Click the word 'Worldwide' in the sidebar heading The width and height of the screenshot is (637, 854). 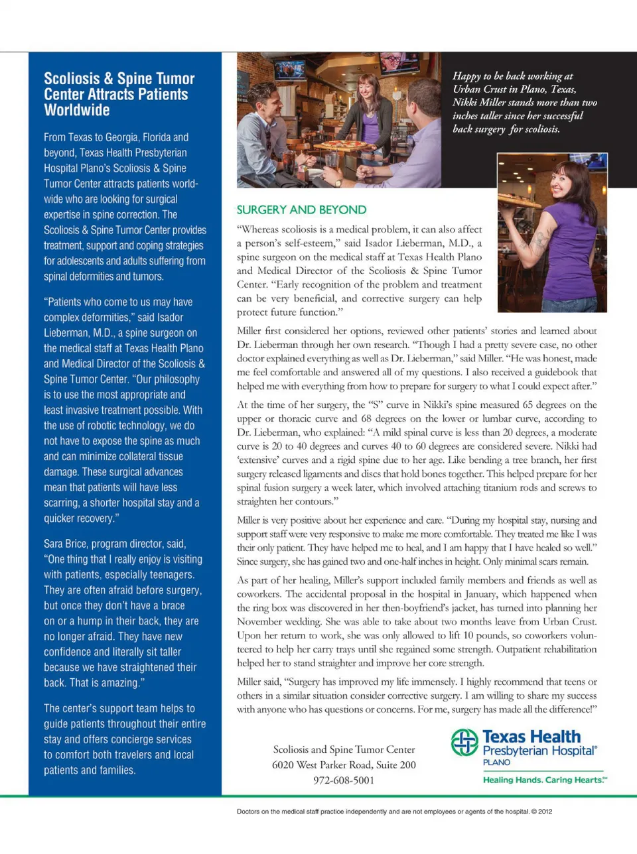(77, 110)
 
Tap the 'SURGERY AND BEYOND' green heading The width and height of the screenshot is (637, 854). (301, 210)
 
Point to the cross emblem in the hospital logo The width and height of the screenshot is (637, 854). (464, 742)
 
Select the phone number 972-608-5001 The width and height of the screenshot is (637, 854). (344, 780)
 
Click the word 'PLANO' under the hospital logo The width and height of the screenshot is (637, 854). (496, 762)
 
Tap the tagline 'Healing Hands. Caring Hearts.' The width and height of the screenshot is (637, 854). (544, 780)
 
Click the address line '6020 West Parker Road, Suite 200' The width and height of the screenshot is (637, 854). (344, 764)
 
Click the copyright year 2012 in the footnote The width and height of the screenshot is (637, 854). (545, 811)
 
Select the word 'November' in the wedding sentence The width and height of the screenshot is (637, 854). (258, 622)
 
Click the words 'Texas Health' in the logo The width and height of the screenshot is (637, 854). (531, 737)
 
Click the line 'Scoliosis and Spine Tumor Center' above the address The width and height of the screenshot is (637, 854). (344, 749)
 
